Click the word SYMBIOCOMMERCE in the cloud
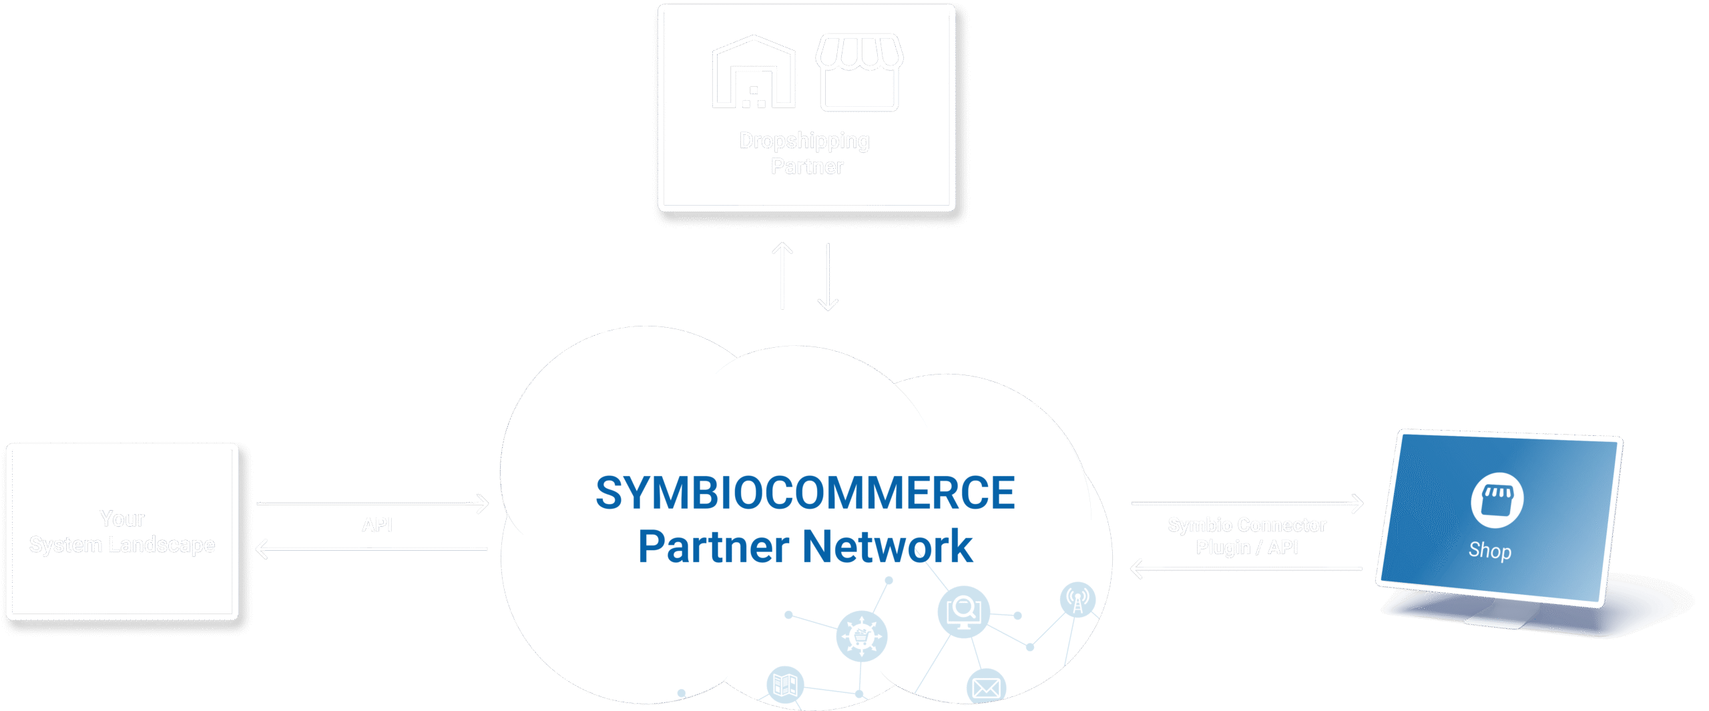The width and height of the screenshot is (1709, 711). [x=805, y=493]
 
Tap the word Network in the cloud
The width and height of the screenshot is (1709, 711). [x=887, y=547]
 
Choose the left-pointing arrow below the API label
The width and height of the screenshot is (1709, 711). [x=372, y=549]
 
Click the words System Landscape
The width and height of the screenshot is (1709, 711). [x=122, y=545]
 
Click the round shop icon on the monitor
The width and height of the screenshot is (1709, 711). [x=1497, y=500]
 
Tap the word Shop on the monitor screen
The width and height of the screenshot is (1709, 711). [x=1490, y=551]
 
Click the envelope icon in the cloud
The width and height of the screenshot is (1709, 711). [x=986, y=688]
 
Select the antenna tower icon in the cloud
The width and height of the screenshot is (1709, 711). [x=1077, y=598]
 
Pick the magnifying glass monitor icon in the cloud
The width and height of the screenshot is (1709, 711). [x=963, y=612]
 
